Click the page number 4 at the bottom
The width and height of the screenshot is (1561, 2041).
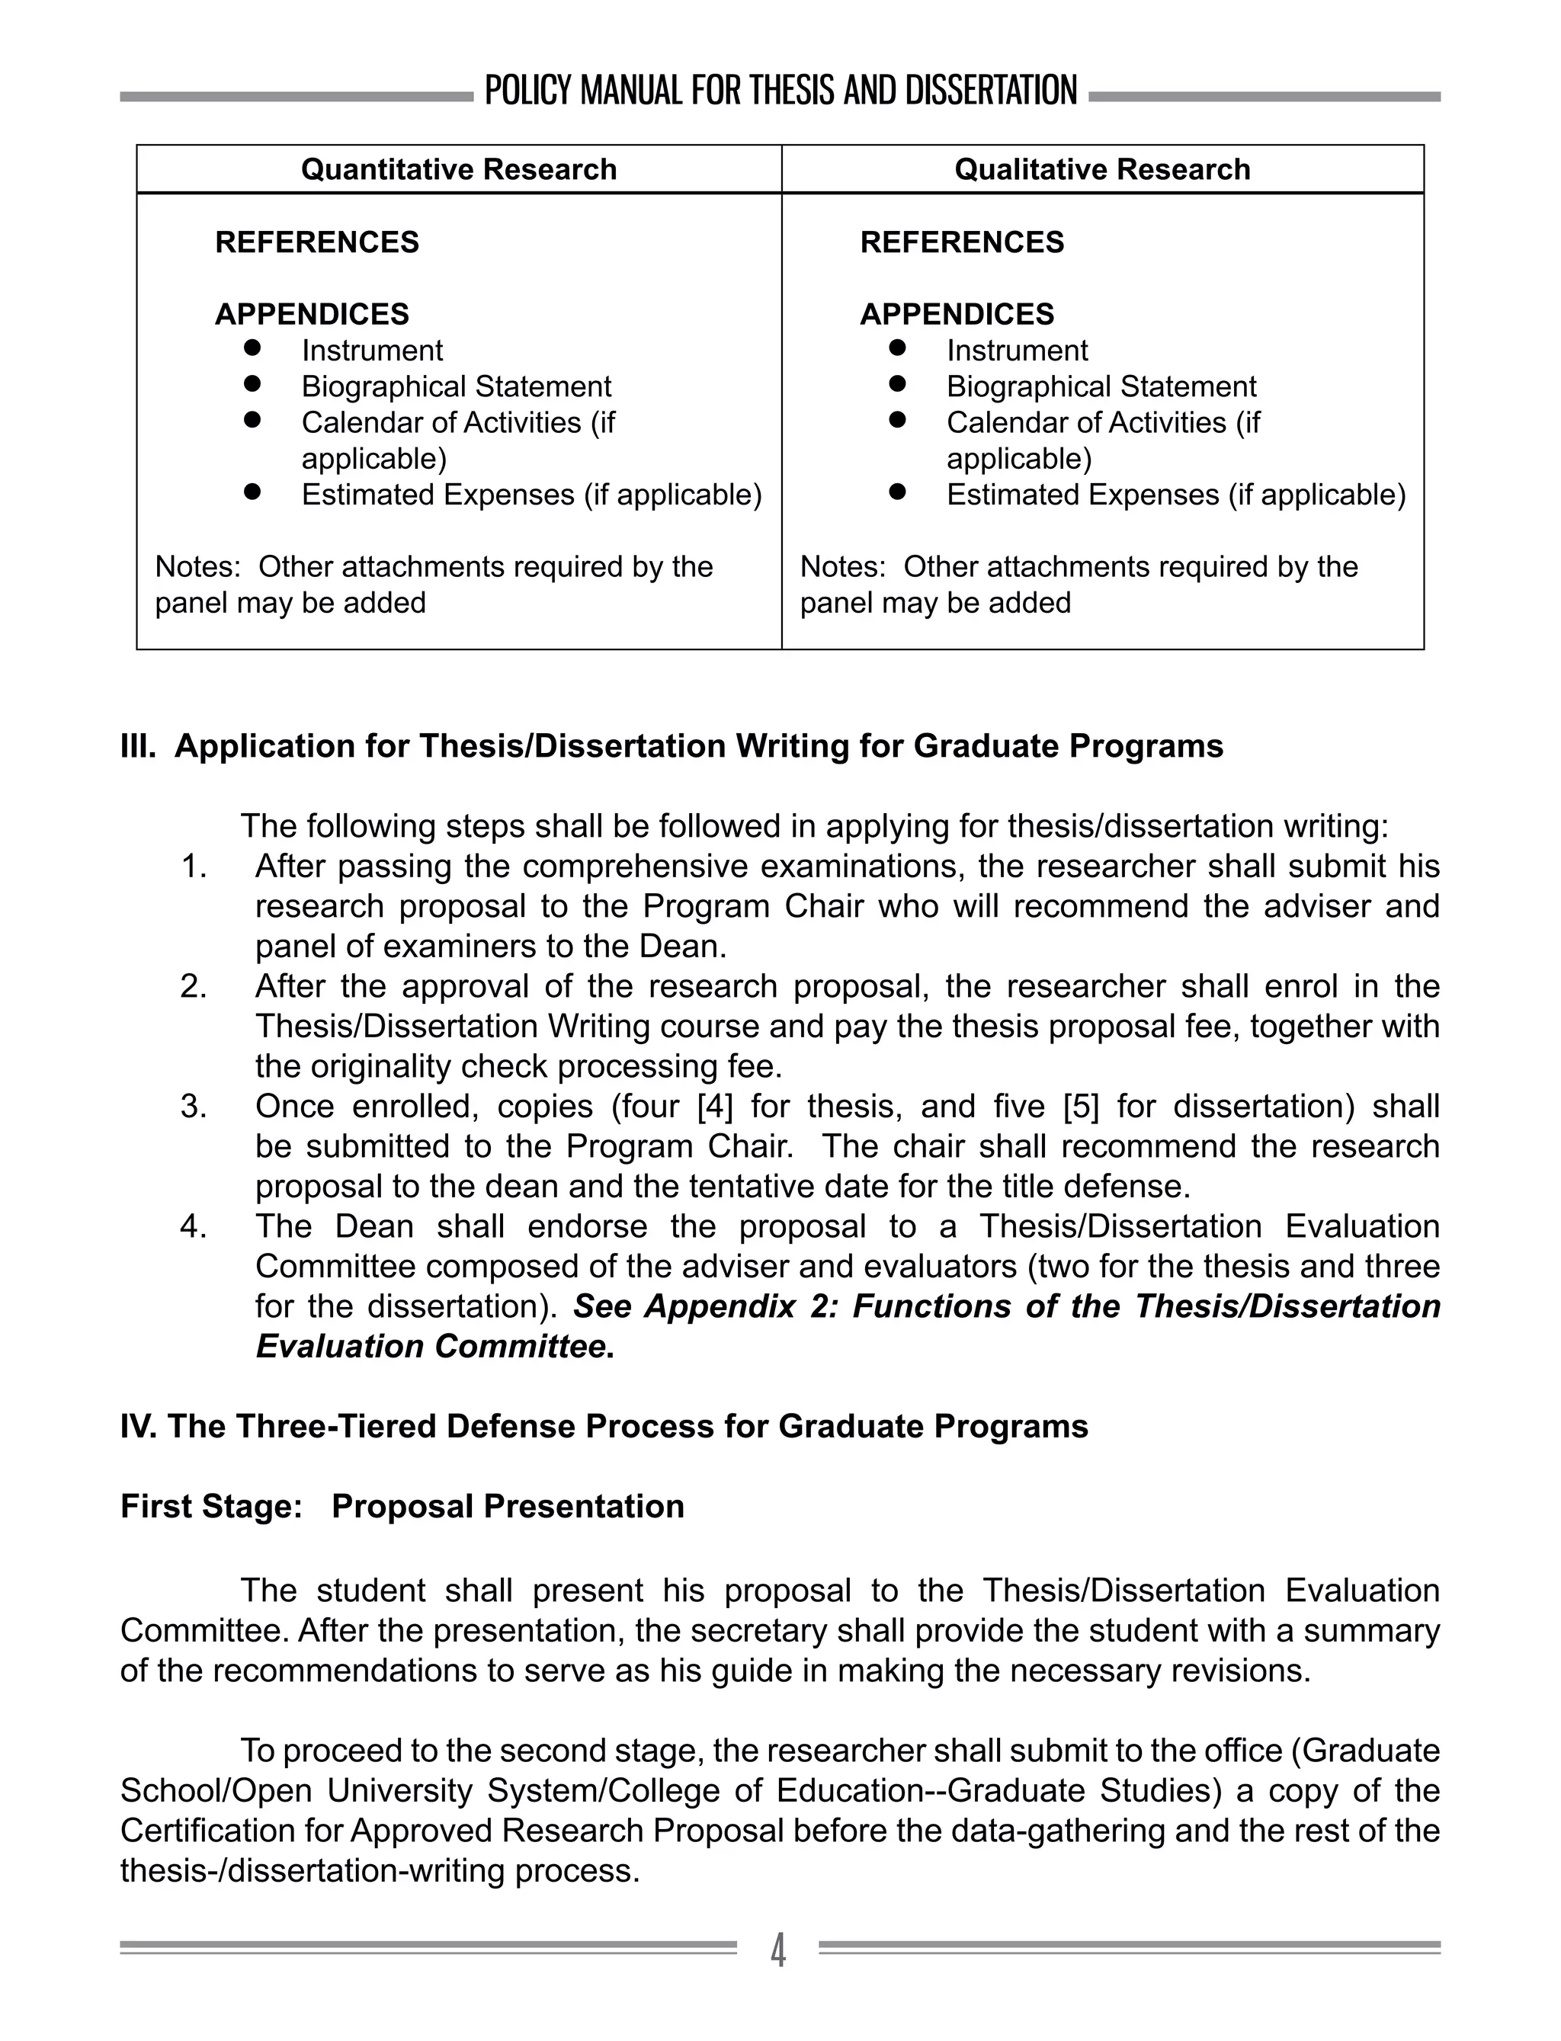[779, 1949]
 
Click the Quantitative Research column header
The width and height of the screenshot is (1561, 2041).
[459, 169]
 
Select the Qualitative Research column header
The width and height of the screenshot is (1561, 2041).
[1102, 169]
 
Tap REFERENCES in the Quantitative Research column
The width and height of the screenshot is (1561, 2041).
[317, 242]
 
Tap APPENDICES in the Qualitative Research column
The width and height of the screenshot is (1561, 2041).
[957, 314]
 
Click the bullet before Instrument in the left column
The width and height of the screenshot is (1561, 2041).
[252, 348]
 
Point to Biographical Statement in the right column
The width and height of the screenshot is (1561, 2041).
[1101, 386]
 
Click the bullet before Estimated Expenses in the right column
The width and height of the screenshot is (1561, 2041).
[896, 492]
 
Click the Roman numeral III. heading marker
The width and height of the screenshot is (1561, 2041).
[137, 746]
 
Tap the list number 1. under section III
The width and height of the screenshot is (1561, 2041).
[194, 867]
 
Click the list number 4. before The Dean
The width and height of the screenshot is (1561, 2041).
[194, 1226]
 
